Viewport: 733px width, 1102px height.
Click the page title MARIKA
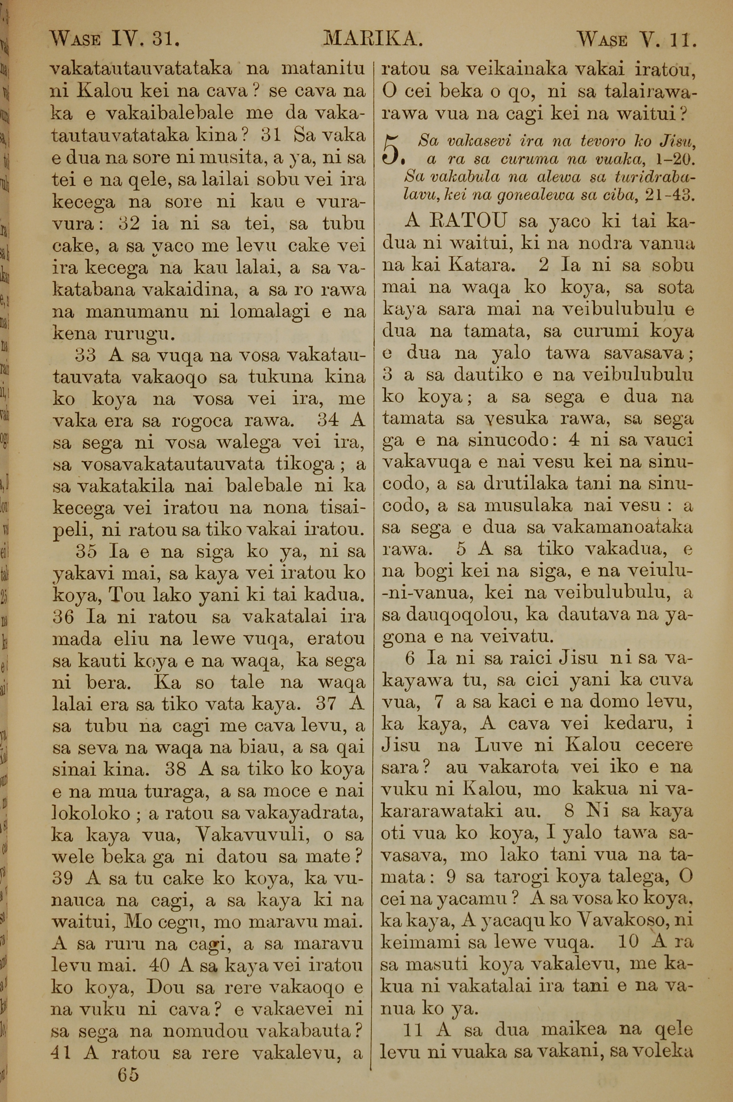[373, 39]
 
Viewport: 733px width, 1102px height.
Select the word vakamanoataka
[622, 528]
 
